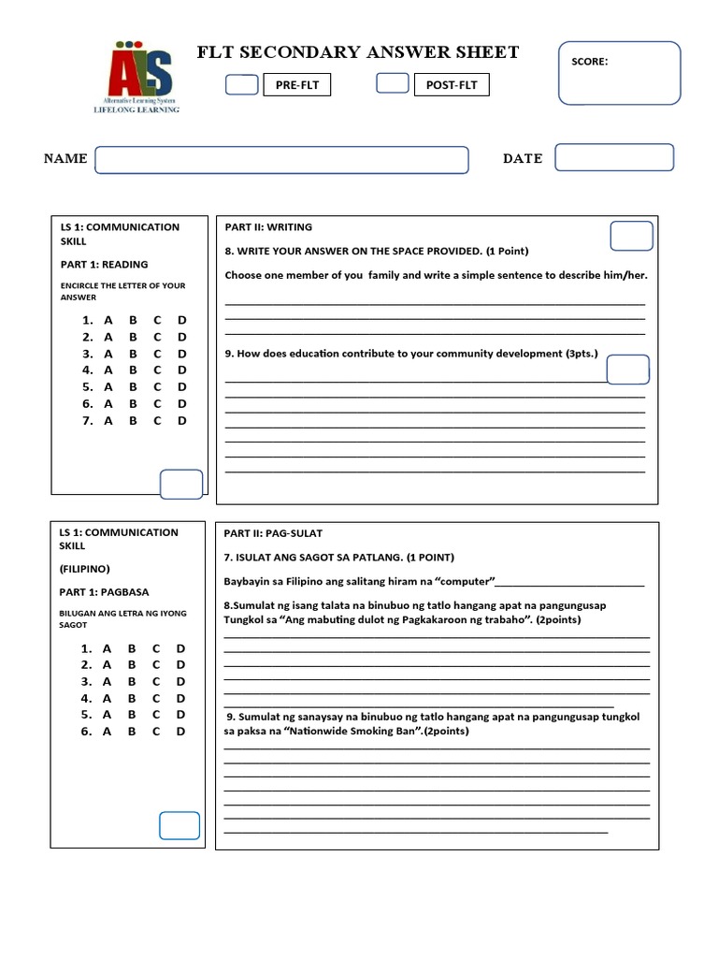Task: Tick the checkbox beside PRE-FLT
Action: tap(242, 85)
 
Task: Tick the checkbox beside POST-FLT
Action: tap(392, 84)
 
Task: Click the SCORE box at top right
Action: tap(619, 72)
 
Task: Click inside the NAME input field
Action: tap(281, 160)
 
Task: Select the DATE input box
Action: tap(614, 157)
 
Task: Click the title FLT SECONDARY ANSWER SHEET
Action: tap(358, 52)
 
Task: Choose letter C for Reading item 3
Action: tap(157, 354)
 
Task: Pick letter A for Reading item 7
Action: tap(108, 421)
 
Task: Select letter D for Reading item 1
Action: tap(182, 320)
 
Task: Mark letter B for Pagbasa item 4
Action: tap(132, 698)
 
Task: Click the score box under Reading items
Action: tap(181, 484)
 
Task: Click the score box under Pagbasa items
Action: tap(179, 826)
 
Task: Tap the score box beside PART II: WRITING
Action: tap(631, 237)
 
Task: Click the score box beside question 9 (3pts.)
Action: tap(627, 370)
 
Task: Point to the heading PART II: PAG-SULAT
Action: tap(273, 533)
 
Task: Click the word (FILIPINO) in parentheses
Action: tap(86, 569)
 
